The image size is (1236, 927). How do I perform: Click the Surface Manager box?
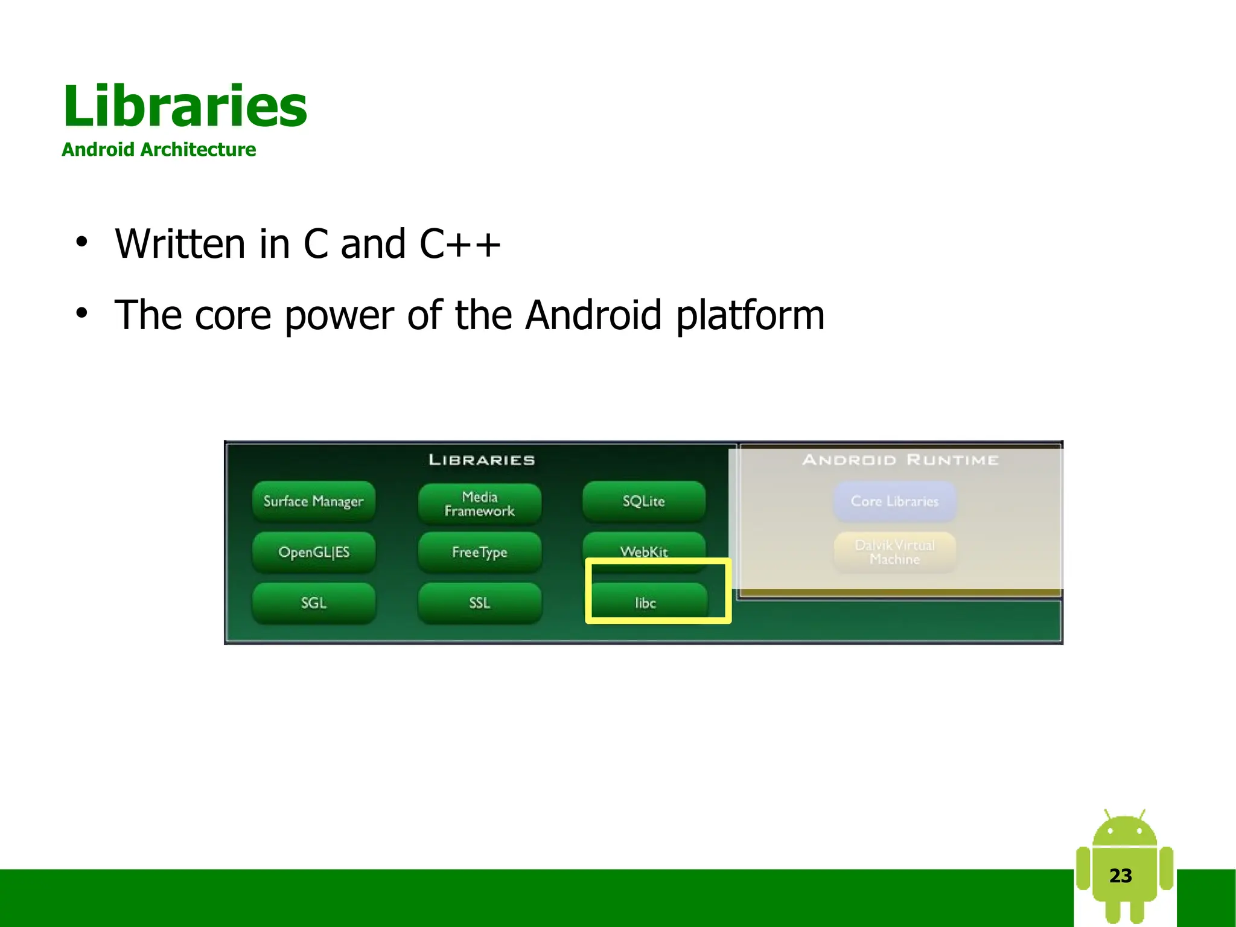313,501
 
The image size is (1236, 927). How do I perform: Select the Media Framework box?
480,504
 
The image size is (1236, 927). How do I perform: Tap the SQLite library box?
644,501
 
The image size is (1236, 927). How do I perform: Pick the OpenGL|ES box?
314,552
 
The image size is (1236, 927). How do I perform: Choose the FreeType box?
480,552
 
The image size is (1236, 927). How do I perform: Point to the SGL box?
314,603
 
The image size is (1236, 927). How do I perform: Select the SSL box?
480,603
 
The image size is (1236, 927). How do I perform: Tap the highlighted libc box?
646,602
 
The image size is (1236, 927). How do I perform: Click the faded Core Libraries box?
895,501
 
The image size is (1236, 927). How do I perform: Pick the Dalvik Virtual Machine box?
895,552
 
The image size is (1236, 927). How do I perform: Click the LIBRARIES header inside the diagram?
482,460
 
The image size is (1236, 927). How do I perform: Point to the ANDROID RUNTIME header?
900,460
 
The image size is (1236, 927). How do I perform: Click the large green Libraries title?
185,106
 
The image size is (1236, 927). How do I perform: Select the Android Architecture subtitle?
159,149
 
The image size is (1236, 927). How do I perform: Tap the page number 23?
1121,876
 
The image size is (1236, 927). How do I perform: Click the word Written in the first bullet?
180,244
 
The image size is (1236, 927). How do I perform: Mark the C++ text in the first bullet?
460,244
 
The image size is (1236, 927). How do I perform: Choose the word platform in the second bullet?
750,315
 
